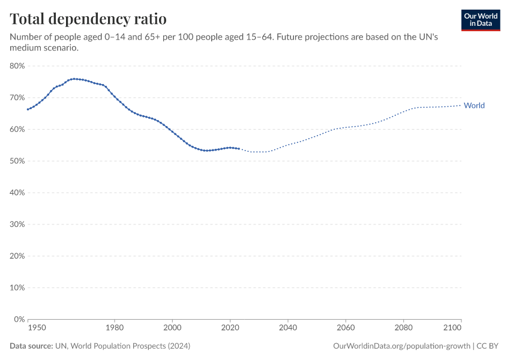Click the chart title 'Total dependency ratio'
click(88, 19)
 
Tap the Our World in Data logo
click(480, 20)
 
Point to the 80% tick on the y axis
click(17, 65)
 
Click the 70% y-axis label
click(17, 97)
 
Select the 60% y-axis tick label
click(17, 129)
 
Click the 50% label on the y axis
click(17, 161)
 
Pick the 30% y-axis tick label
click(17, 224)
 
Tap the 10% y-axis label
click(17, 287)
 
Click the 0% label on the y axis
click(19, 319)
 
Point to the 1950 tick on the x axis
click(37, 328)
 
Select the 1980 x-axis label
click(115, 328)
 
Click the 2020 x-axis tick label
click(230, 328)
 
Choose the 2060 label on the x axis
click(346, 328)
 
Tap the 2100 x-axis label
click(452, 328)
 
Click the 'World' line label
click(474, 106)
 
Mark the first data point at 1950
click(28, 109)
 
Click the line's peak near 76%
click(74, 79)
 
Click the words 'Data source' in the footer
click(31, 346)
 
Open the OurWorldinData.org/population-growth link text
click(401, 346)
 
